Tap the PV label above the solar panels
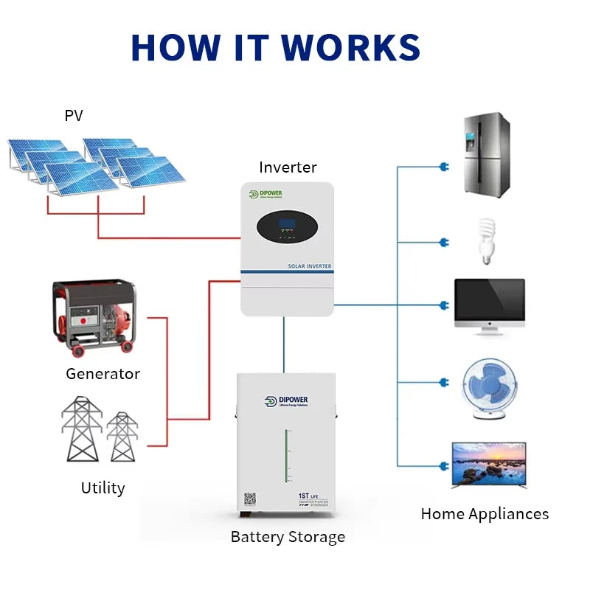click(74, 116)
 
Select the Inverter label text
click(288, 167)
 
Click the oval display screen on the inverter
click(288, 229)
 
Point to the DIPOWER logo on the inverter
click(270, 195)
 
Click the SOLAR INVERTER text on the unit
click(309, 265)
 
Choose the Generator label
click(103, 374)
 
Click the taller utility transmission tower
click(81, 428)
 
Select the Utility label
click(103, 488)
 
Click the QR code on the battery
click(250, 500)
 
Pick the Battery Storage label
click(288, 537)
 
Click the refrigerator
click(487, 155)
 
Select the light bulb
click(485, 240)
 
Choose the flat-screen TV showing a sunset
click(488, 465)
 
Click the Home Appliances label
click(485, 514)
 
